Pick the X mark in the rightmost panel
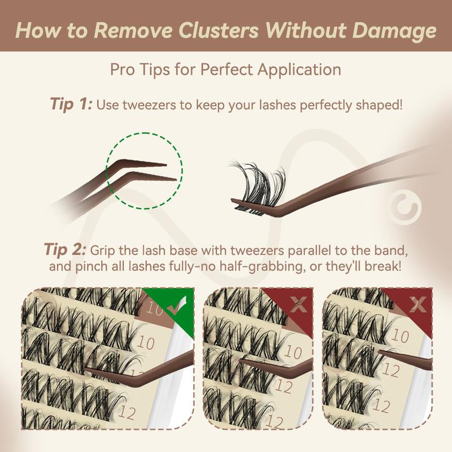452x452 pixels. click(418, 305)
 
